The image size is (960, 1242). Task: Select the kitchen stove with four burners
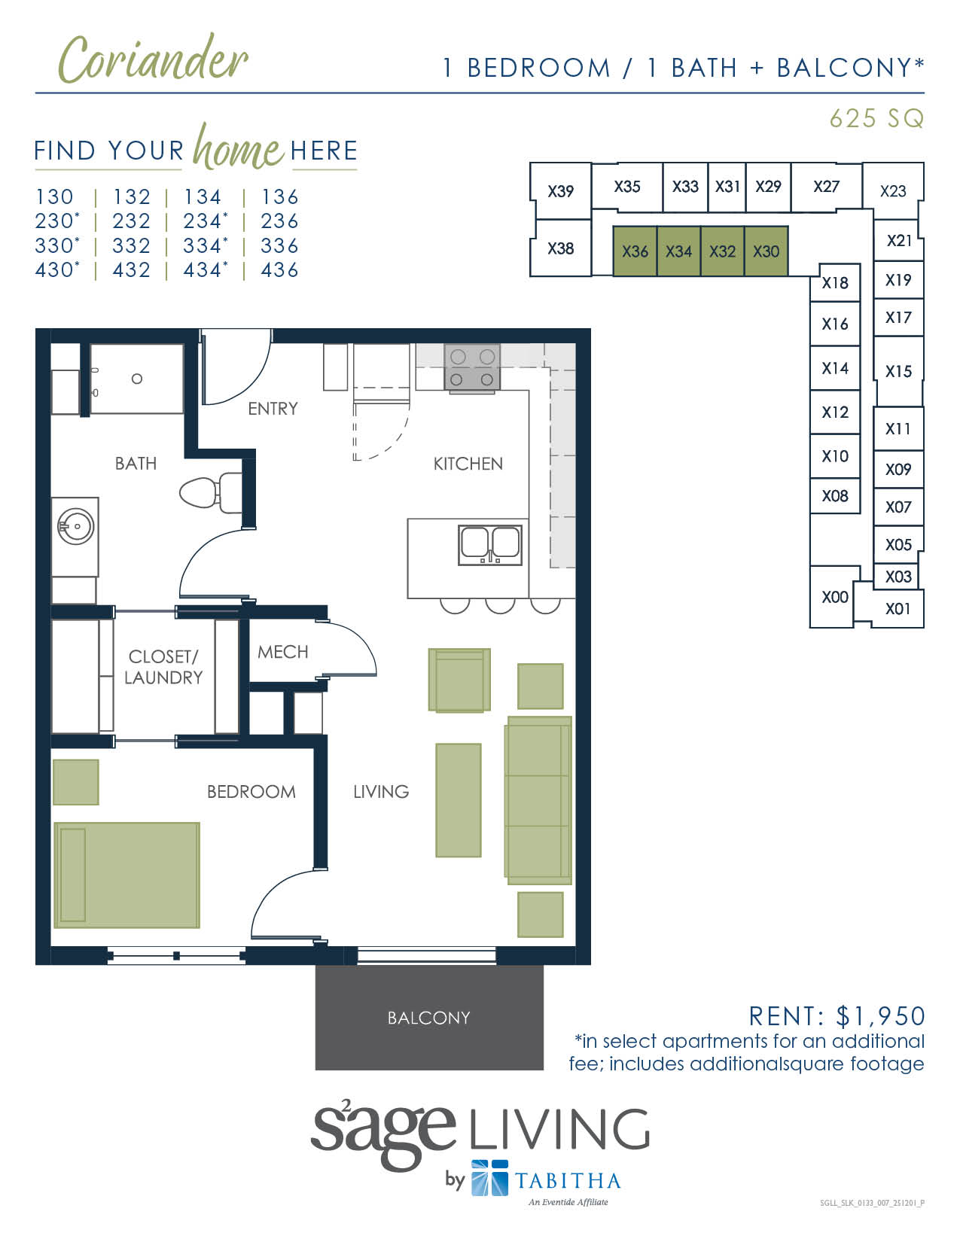tap(472, 367)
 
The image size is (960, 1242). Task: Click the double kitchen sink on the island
tap(489, 544)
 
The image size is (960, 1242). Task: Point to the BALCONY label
tap(428, 1018)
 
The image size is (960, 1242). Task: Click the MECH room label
tap(282, 652)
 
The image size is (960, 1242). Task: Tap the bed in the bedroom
tap(126, 875)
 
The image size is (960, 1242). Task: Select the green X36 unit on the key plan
tap(635, 251)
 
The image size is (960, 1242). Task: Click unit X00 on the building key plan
tap(834, 597)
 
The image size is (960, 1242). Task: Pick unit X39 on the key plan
tap(560, 191)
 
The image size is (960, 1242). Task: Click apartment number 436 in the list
tap(279, 270)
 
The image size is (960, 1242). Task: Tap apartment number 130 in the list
tap(54, 197)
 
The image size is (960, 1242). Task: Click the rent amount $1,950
tap(880, 1016)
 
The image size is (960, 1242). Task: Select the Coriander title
tap(153, 60)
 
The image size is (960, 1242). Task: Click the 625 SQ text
tap(876, 118)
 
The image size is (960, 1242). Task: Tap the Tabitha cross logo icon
tap(489, 1178)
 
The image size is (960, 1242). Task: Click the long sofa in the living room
tap(538, 800)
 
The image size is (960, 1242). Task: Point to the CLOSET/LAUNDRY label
tap(163, 667)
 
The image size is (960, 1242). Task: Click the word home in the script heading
tap(237, 148)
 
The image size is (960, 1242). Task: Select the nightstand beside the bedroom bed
tap(75, 782)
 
